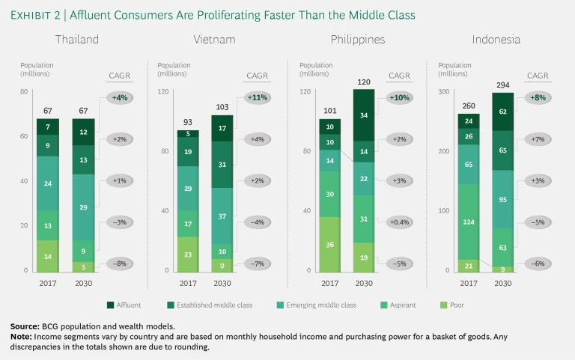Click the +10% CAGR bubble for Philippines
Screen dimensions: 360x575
pos(399,97)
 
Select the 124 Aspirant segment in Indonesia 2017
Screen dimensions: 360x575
pos(469,222)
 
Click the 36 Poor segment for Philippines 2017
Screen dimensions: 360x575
pos(330,244)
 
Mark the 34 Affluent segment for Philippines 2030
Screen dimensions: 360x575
pos(364,115)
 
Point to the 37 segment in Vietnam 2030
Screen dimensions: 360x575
pos(222,216)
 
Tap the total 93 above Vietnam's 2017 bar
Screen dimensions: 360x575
pos(187,123)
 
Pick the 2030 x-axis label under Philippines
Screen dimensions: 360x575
pos(364,282)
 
